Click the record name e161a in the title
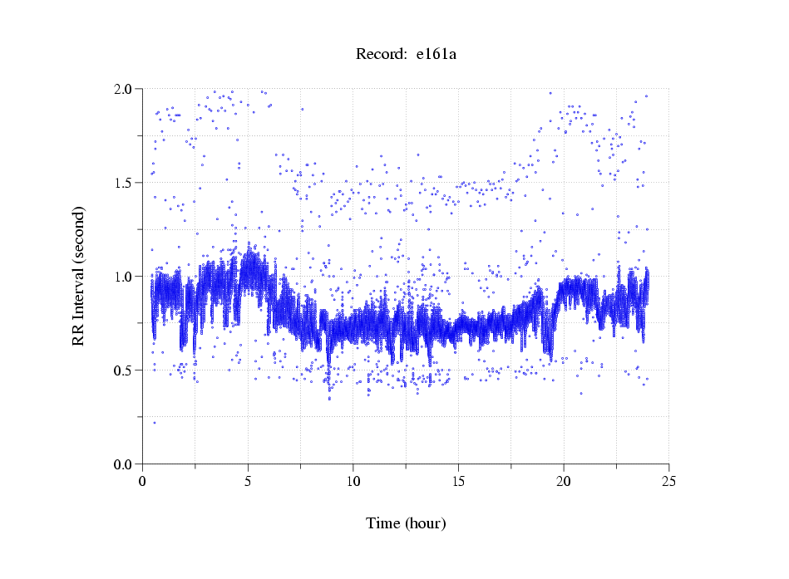(x=436, y=55)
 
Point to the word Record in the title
(x=378, y=55)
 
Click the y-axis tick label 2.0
(x=126, y=89)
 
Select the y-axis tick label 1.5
(x=126, y=183)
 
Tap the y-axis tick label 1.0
(x=126, y=277)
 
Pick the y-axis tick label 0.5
(x=126, y=370)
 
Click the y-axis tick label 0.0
(x=126, y=464)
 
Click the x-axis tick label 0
(x=143, y=481)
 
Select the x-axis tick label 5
(x=248, y=481)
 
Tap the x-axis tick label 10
(x=353, y=481)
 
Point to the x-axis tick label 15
(x=459, y=481)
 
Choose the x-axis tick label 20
(x=564, y=481)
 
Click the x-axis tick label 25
(x=669, y=481)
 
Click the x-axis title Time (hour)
(x=406, y=524)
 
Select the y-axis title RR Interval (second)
(x=79, y=276)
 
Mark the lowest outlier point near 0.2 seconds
(x=155, y=423)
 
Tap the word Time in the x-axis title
(x=383, y=524)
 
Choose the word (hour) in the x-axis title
(x=425, y=524)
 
